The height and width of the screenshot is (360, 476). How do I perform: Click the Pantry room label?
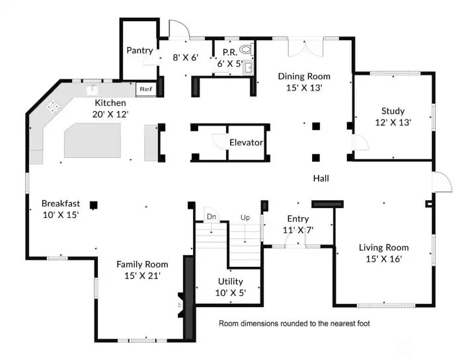tap(139, 50)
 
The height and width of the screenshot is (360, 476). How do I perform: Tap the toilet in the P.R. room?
tap(246, 49)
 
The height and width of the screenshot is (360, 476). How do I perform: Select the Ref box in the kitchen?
tap(145, 89)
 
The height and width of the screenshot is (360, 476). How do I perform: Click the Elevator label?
tap(246, 143)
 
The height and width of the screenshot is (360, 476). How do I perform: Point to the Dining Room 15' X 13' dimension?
tap(304, 87)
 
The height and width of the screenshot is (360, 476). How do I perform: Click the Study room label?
tap(393, 111)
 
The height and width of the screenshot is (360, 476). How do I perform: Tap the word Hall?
tap(321, 178)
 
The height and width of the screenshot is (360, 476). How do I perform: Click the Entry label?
tap(298, 219)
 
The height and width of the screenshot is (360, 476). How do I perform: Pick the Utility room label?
tap(229, 281)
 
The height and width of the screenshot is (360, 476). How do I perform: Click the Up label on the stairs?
tap(245, 217)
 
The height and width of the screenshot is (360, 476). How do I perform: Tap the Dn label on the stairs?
tap(211, 217)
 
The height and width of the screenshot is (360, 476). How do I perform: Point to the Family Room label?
tap(142, 264)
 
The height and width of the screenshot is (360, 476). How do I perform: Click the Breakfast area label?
tap(61, 203)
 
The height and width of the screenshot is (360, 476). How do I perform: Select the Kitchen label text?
tap(110, 103)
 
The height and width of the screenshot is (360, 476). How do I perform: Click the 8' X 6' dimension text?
tap(185, 57)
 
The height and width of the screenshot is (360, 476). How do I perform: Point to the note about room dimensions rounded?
tap(294, 324)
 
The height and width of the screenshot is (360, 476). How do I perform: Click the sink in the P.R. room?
tap(247, 67)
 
